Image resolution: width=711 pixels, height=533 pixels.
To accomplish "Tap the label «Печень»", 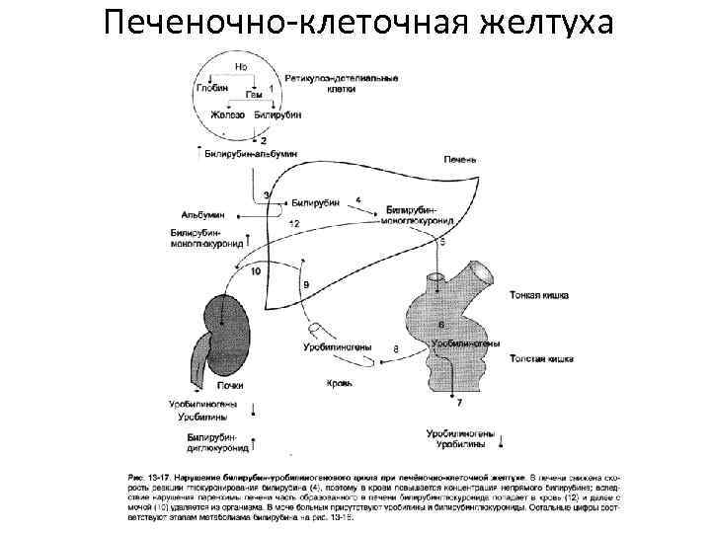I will click(x=460, y=158).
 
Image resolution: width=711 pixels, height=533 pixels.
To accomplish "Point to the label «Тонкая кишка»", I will click(x=538, y=295).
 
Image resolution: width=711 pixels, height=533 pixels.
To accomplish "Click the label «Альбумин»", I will click(x=203, y=214).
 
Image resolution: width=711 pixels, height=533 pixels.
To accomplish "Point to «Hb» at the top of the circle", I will click(x=241, y=65).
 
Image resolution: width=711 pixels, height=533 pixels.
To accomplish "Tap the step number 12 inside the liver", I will click(x=294, y=226).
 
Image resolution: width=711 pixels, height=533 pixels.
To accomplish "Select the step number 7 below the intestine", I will click(x=459, y=404).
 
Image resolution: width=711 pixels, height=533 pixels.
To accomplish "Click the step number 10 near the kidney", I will click(x=256, y=269).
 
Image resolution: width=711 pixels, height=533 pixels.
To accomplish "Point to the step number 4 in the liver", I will click(x=357, y=199).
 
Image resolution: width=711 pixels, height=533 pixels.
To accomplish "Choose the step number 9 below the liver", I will click(x=306, y=284).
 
